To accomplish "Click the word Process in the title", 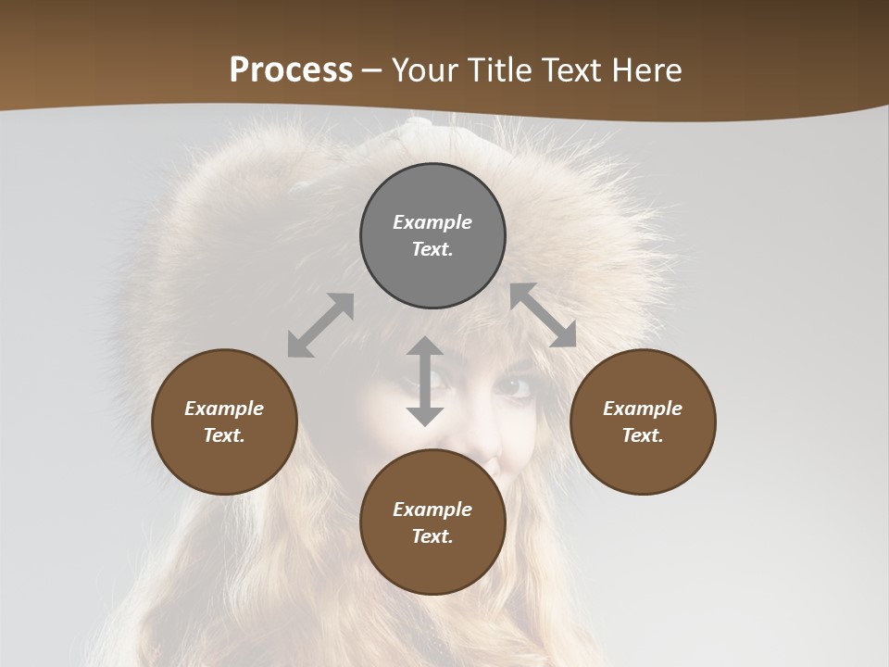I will (291, 70).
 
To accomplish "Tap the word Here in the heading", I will (644, 70).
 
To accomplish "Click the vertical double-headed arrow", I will (425, 381).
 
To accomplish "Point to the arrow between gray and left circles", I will (320, 325).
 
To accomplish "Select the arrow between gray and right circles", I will (544, 315).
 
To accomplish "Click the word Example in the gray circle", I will (432, 222).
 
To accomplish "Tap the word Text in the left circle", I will (224, 435).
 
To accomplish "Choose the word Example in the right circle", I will (643, 409).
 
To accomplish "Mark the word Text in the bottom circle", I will (432, 536).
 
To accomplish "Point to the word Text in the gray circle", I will (432, 249).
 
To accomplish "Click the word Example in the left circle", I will (224, 409).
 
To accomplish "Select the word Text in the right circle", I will (643, 435).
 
